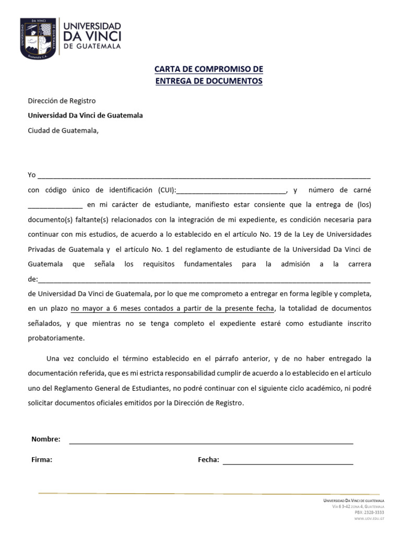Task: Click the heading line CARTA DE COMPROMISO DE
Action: click(208, 69)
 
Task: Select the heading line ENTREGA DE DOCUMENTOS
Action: click(208, 81)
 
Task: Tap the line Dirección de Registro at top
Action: click(62, 100)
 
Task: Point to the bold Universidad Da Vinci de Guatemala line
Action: click(85, 115)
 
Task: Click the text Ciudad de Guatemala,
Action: click(63, 131)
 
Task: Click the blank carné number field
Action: click(55, 205)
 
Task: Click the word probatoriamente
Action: click(55, 338)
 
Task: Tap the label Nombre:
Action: click(46, 439)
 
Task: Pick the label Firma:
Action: click(42, 460)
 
